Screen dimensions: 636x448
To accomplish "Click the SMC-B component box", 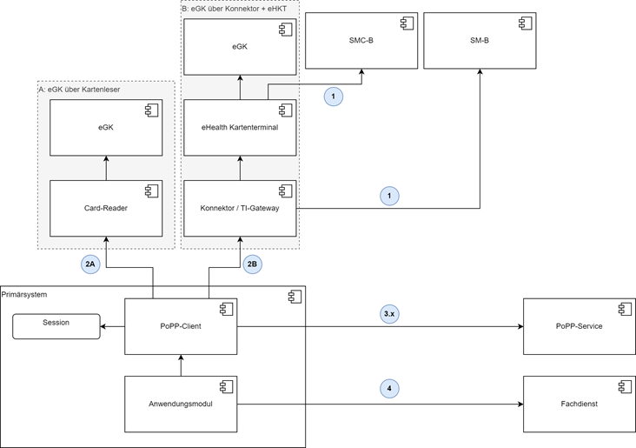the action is coord(361,41).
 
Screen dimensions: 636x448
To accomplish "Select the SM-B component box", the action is coord(480,41).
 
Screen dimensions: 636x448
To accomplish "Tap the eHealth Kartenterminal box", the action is coord(240,128).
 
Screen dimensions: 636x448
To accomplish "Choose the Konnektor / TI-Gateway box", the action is coord(240,209).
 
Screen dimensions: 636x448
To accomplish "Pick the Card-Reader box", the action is coord(106,209).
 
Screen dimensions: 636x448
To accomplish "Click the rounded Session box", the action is coord(56,326).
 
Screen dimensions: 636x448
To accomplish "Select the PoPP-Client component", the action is coord(181,326).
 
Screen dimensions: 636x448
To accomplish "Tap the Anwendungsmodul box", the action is coord(181,405).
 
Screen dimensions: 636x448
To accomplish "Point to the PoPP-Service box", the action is coord(580,326).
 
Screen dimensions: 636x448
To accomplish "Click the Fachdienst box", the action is coord(580,405).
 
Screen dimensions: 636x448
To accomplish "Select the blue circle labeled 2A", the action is coord(90,264).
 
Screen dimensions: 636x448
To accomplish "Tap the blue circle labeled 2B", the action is coord(252,264).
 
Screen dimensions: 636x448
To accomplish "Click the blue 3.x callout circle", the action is coord(389,314).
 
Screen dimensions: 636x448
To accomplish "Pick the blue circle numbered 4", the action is coord(389,389).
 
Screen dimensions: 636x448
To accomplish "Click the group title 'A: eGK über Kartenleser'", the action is coord(80,90).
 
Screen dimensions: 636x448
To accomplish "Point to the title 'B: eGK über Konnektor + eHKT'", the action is coord(235,9).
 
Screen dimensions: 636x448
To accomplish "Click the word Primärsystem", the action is coord(24,295).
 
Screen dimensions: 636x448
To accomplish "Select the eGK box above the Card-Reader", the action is coord(106,128).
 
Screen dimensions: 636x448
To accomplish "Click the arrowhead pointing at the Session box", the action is coord(103,326).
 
